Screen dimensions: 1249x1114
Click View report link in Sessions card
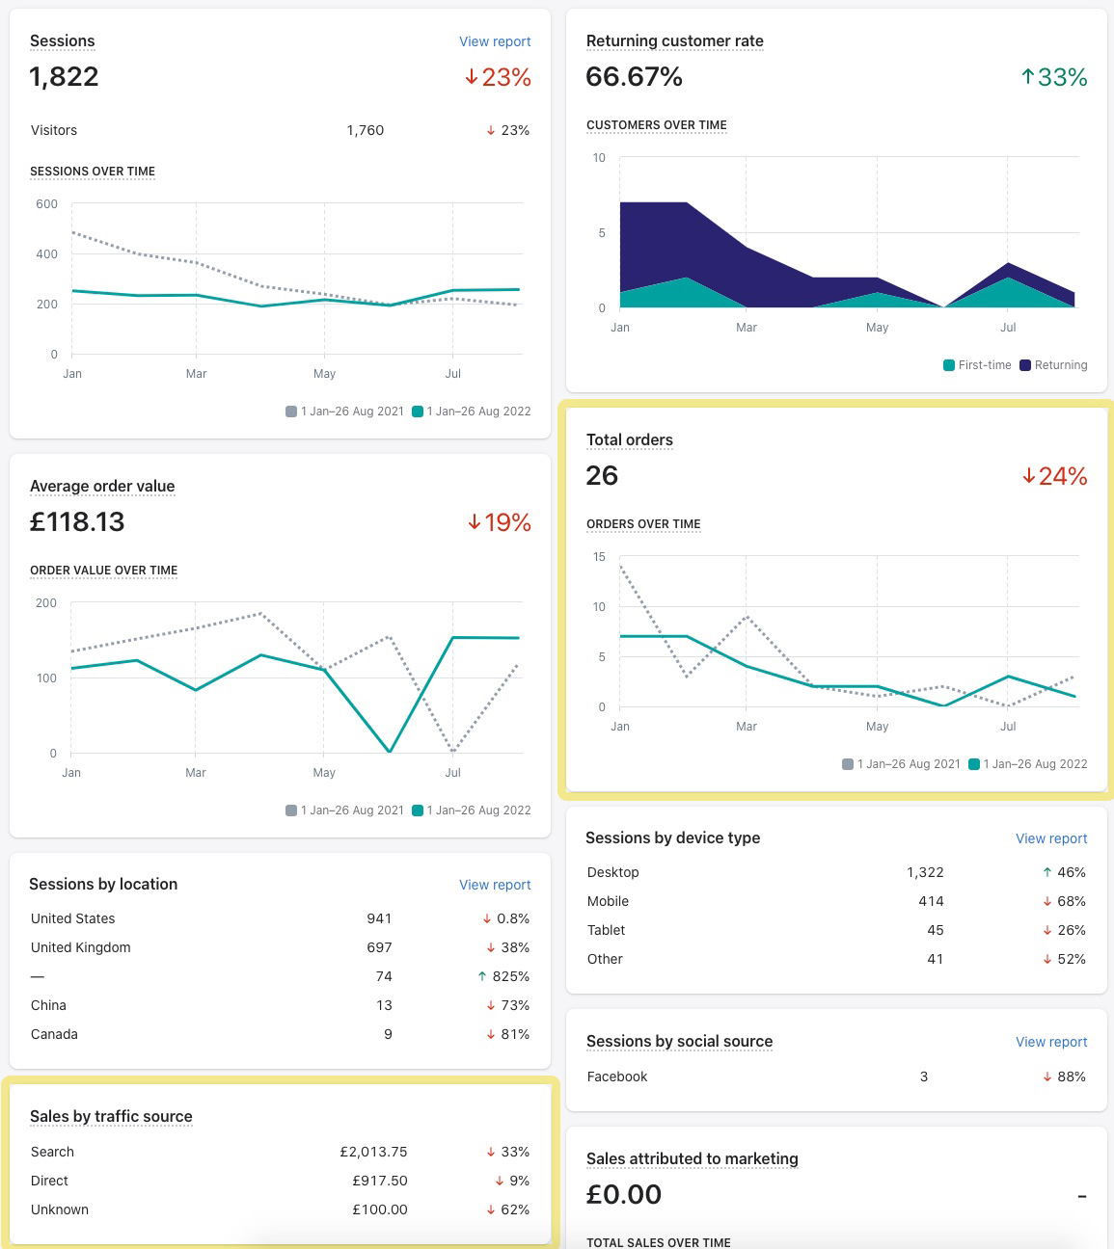(x=495, y=41)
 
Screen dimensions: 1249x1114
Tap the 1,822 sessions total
(x=65, y=77)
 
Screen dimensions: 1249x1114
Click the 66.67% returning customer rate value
(x=634, y=77)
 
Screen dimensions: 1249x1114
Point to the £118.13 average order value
(x=77, y=522)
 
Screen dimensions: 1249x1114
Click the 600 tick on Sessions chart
(x=46, y=204)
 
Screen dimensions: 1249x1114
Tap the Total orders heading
(x=630, y=440)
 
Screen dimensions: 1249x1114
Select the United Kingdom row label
(x=81, y=947)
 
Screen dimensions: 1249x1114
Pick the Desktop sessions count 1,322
(x=925, y=872)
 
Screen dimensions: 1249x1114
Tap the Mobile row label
(x=608, y=901)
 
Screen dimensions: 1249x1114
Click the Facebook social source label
(x=617, y=1076)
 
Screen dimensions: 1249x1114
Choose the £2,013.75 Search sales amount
(x=373, y=1152)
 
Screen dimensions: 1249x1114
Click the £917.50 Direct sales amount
(x=379, y=1181)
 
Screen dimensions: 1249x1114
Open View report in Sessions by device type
(x=1051, y=838)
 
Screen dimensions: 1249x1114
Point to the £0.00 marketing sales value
(x=624, y=1195)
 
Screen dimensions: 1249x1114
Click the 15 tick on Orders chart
(x=599, y=557)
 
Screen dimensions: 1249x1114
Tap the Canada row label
(x=54, y=1034)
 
